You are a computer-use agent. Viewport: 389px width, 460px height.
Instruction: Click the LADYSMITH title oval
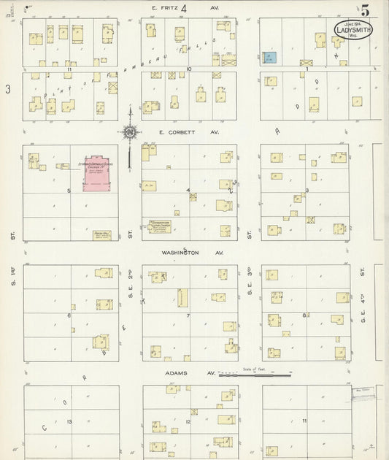(353, 32)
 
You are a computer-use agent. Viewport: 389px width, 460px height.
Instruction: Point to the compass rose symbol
(129, 132)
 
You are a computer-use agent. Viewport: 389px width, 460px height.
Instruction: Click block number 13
(69, 423)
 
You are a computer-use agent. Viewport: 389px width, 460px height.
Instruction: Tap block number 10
(188, 69)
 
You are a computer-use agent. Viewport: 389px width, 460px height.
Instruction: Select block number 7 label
(188, 315)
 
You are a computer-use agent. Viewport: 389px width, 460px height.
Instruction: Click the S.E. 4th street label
(363, 310)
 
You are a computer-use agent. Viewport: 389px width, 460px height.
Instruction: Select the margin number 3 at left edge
(7, 89)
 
